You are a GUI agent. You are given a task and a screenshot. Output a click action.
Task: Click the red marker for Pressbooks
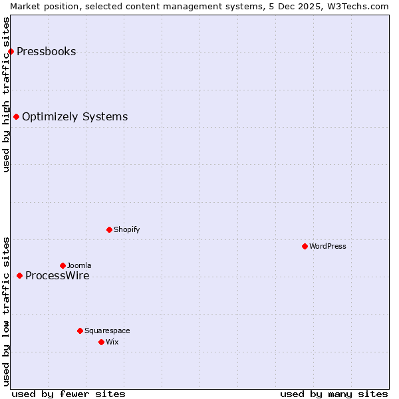(x=11, y=51)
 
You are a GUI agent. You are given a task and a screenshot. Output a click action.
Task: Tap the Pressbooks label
(x=46, y=52)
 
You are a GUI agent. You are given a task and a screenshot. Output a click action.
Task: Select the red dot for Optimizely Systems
(x=16, y=117)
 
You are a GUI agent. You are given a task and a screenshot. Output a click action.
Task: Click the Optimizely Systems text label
(x=74, y=117)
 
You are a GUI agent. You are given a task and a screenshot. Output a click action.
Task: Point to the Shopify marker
(x=109, y=229)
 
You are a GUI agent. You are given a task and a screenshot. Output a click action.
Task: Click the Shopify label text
(x=126, y=230)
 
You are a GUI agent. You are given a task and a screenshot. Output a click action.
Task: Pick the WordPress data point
(x=305, y=246)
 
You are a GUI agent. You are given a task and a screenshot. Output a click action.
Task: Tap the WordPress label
(x=327, y=247)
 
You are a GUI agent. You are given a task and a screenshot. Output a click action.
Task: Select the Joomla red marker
(x=63, y=265)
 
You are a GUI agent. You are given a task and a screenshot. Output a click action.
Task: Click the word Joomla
(x=79, y=266)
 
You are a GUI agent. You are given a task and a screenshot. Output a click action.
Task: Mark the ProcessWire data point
(x=19, y=275)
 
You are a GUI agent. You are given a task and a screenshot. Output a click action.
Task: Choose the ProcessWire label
(x=57, y=276)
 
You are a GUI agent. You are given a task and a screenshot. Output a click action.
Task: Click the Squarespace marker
(x=80, y=331)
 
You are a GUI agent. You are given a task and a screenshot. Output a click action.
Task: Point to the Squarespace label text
(x=107, y=331)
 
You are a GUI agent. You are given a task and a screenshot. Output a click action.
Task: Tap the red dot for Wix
(x=101, y=342)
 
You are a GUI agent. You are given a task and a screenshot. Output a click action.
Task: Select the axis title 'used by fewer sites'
(x=68, y=394)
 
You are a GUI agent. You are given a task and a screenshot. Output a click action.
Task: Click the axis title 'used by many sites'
(x=334, y=394)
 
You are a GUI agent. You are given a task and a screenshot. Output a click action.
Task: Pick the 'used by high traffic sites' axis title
(x=6, y=94)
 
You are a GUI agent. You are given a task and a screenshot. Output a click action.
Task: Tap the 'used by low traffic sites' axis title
(x=6, y=311)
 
